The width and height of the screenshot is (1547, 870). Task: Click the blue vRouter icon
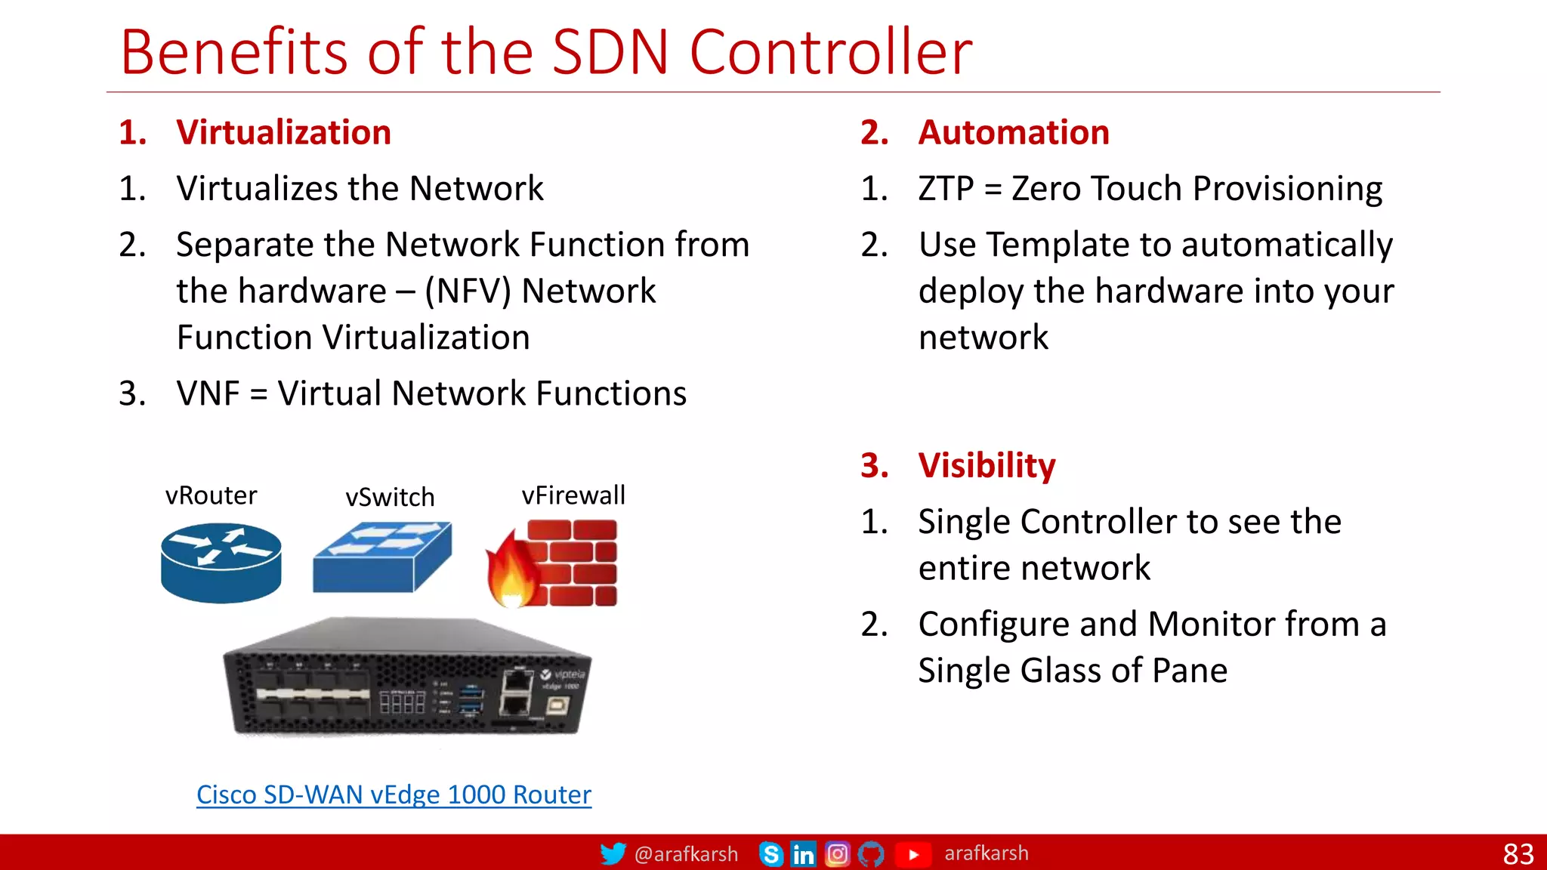[221, 563]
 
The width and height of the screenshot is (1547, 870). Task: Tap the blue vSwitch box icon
[382, 557]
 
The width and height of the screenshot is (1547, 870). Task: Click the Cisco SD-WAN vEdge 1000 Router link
[394, 794]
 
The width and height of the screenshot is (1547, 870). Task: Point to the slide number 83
[1518, 854]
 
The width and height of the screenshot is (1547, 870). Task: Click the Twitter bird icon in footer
[613, 854]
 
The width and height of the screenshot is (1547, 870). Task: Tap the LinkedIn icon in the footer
[803, 854]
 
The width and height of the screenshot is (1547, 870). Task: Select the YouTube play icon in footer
[913, 854]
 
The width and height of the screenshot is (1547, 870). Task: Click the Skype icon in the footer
[770, 854]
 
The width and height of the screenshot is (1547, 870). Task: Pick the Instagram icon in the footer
[837, 854]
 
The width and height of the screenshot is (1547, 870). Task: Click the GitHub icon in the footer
[871, 854]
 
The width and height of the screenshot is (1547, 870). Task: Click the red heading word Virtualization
[283, 132]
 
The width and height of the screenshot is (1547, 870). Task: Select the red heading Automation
[1014, 132]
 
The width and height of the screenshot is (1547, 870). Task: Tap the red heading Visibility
[987, 465]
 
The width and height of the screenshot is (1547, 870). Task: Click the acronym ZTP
[946, 189]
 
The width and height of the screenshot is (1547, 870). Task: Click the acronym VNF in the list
[208, 393]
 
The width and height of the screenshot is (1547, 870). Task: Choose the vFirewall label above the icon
[573, 495]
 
